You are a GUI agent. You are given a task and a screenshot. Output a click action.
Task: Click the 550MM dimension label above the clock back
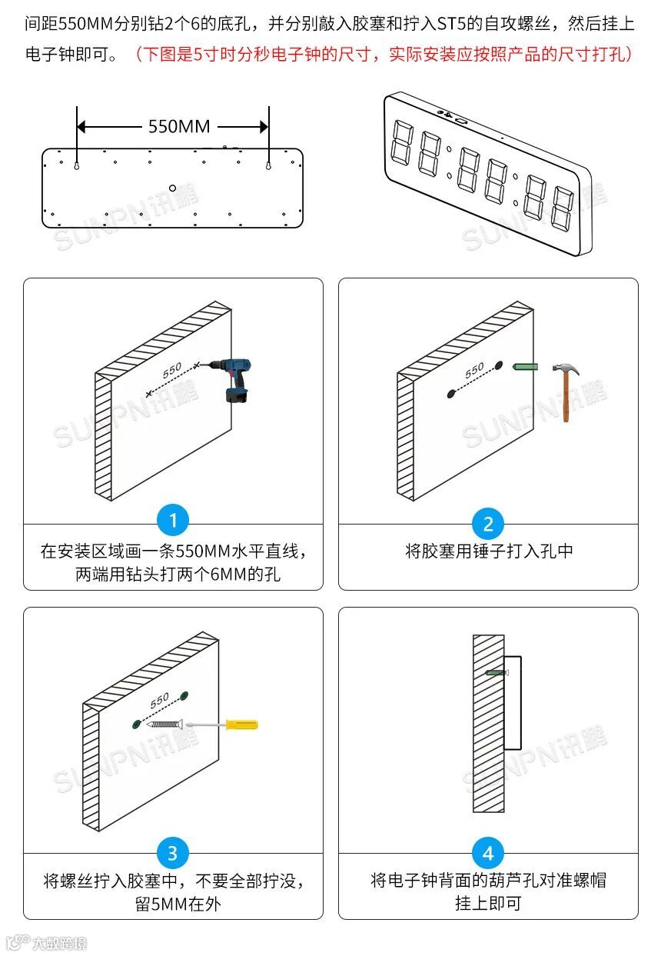pos(178,126)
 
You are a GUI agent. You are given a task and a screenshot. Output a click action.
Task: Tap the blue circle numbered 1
pos(173,521)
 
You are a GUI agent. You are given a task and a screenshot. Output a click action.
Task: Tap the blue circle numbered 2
pos(488,525)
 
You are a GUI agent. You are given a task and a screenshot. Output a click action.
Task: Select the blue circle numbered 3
pos(173,852)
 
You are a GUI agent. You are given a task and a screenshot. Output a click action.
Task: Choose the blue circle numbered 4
pos(488,852)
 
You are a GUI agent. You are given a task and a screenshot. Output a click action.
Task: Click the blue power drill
pos(234,377)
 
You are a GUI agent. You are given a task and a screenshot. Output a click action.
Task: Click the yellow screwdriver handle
pos(241,724)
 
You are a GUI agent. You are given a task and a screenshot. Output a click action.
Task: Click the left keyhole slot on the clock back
pos(78,165)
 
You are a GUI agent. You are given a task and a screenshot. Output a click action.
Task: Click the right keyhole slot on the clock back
pos(268,165)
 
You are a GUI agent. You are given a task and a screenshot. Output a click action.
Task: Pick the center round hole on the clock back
pos(173,187)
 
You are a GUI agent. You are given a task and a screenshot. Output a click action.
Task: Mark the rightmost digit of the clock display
pos(562,207)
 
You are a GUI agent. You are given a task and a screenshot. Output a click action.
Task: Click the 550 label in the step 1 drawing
pos(172,370)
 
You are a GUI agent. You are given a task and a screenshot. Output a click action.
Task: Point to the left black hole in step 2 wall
pos(452,394)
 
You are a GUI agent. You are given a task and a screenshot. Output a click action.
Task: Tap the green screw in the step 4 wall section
pos(496,672)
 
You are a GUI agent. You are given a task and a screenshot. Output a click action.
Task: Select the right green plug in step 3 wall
pos(184,696)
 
